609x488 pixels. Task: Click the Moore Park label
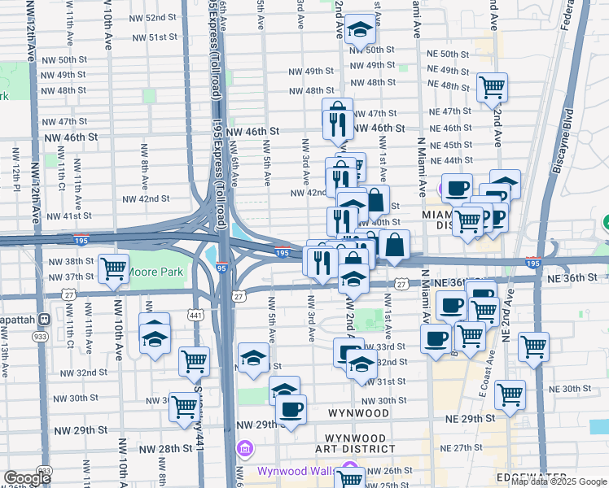point(157,272)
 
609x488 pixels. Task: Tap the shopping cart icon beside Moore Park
point(113,268)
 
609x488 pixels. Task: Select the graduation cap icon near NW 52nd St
point(357,31)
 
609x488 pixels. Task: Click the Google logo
point(27,478)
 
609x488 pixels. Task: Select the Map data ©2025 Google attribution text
point(558,481)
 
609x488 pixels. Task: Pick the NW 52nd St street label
point(152,17)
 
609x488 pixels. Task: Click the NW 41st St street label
point(69,216)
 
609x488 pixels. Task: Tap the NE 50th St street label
point(448,53)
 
